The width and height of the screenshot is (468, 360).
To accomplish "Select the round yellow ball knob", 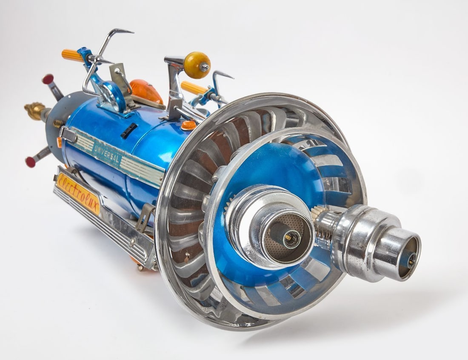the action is pyautogui.click(x=197, y=65).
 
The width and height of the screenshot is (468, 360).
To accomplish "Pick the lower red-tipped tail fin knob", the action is pyautogui.click(x=30, y=162).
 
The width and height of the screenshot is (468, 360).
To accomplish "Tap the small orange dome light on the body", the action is pyautogui.click(x=188, y=125).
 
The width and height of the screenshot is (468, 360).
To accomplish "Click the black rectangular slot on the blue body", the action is pyautogui.click(x=128, y=131).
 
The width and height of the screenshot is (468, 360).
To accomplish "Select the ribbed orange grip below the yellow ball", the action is pyautogui.click(x=194, y=88).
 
